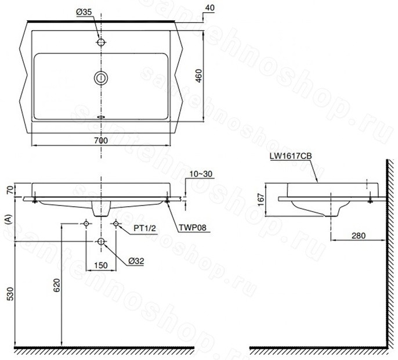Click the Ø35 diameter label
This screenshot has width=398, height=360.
84,12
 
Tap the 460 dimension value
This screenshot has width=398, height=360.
199,75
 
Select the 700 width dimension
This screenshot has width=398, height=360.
101,141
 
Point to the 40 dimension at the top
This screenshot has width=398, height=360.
209,8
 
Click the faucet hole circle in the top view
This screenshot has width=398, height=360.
101,42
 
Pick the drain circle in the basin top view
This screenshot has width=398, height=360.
101,78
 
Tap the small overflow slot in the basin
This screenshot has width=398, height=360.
101,117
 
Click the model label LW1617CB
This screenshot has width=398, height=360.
291,156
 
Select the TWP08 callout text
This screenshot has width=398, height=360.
193,228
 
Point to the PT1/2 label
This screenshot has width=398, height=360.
144,229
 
